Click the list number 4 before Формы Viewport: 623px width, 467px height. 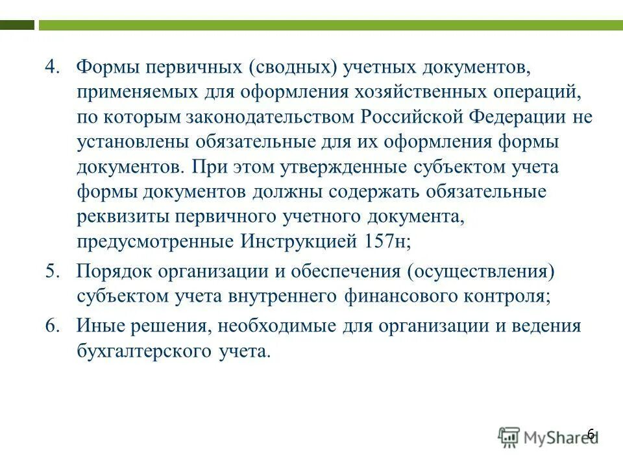click(x=52, y=67)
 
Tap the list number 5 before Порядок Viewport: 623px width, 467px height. click(x=52, y=271)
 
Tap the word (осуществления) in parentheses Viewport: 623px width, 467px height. click(x=481, y=271)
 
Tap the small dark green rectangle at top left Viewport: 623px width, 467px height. click(x=18, y=25)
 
